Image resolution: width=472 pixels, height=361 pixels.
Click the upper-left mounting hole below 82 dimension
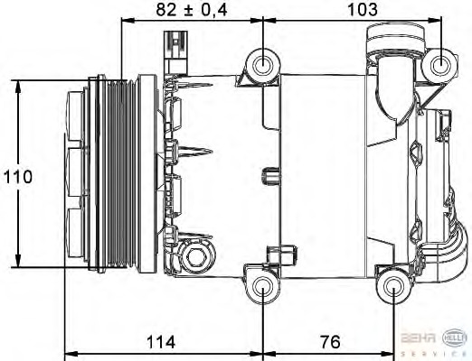[x=263, y=64]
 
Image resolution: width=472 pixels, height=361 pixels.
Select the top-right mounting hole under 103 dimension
[x=442, y=64]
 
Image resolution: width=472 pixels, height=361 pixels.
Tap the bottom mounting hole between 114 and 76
[x=263, y=288]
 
